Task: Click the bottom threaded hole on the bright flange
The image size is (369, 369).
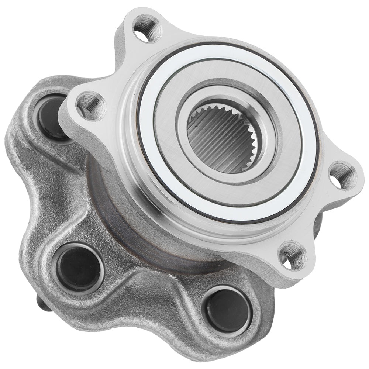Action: tap(292, 255)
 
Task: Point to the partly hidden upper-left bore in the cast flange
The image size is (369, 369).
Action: tap(52, 116)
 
